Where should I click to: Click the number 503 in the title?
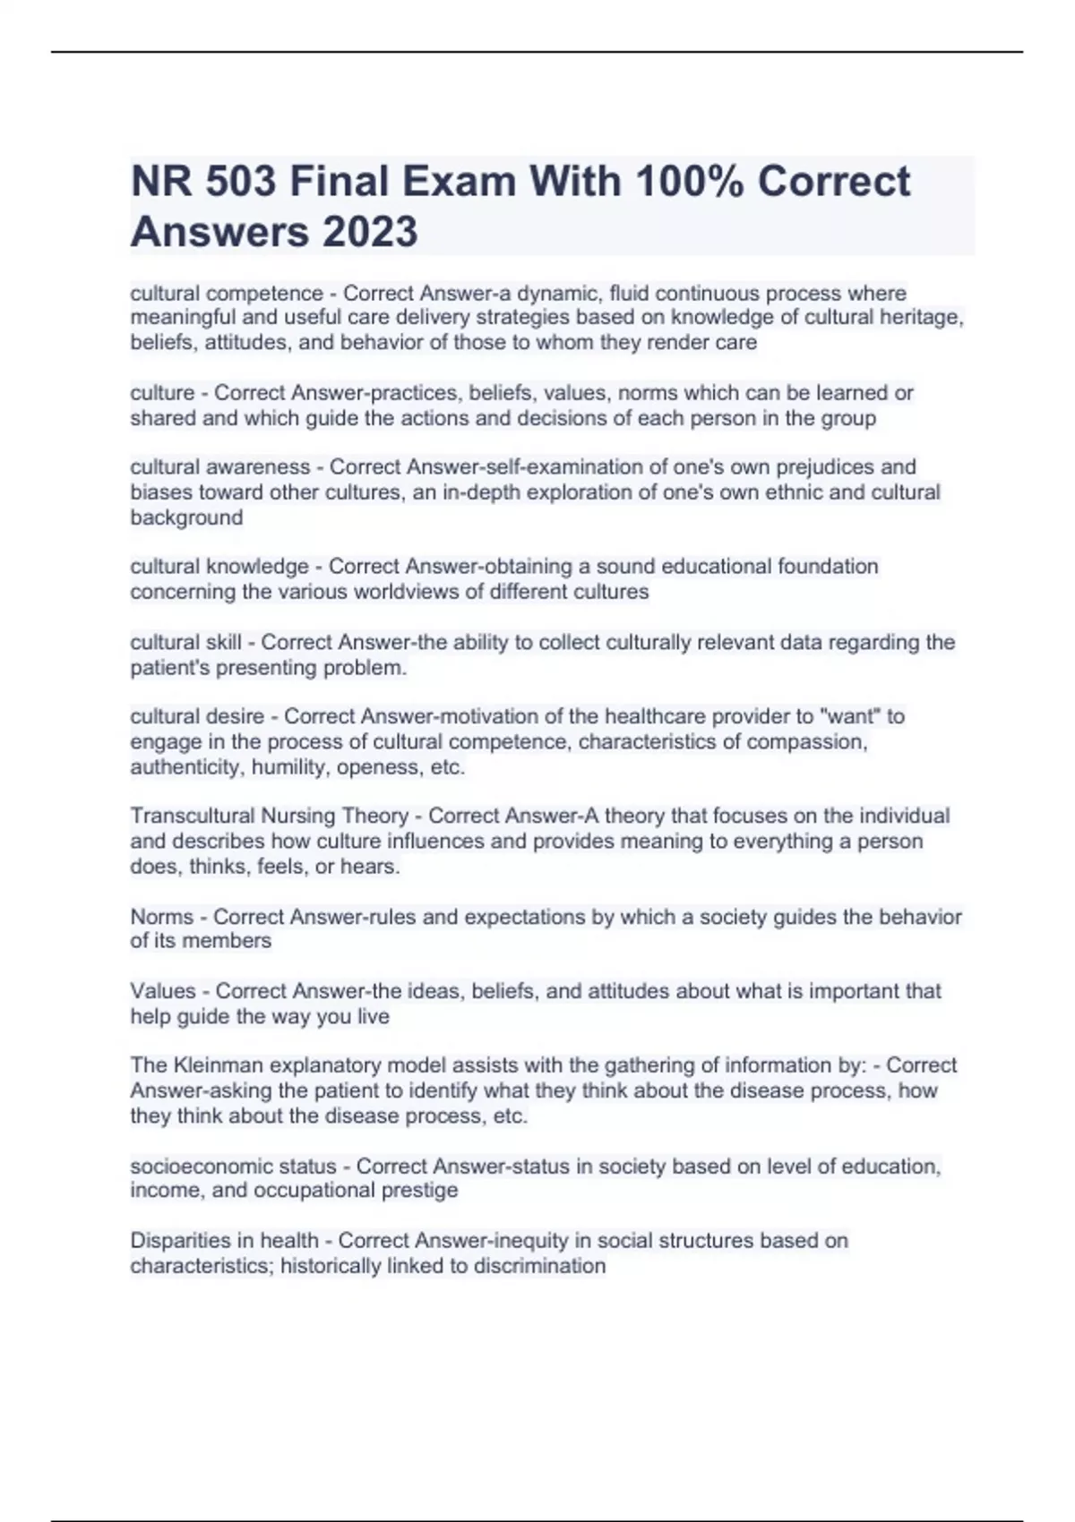point(240,182)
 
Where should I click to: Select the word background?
point(186,517)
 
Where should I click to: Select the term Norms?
point(161,917)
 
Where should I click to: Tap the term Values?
point(162,991)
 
